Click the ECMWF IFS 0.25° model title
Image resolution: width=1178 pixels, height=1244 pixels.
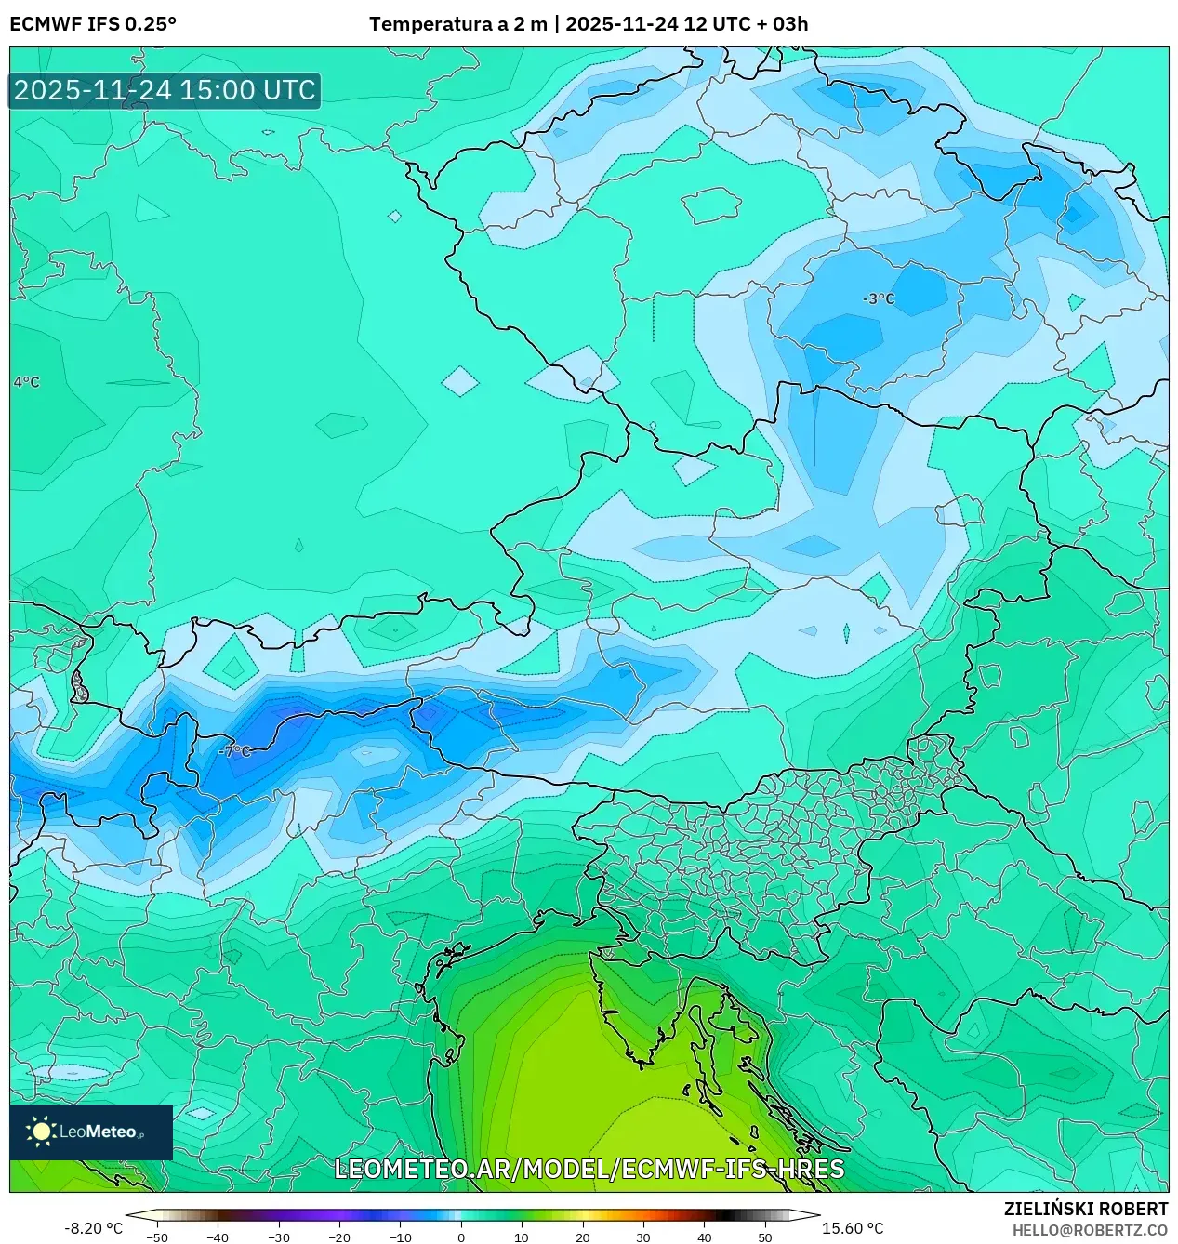click(x=93, y=23)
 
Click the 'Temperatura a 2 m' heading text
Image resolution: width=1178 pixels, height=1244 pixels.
click(x=457, y=23)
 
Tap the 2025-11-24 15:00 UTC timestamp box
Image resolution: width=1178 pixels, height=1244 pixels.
click(x=165, y=90)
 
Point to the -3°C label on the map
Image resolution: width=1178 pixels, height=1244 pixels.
click(x=879, y=298)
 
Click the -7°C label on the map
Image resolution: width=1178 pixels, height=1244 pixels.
click(x=235, y=750)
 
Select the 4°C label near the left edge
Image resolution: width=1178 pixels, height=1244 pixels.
click(x=27, y=382)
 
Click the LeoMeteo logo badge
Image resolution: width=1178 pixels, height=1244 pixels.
click(x=91, y=1132)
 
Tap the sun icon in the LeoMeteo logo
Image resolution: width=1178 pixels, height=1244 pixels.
click(x=41, y=1132)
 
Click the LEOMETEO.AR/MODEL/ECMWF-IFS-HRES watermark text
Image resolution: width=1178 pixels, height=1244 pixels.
click(x=589, y=1169)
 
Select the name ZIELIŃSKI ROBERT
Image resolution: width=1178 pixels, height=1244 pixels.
click(x=1085, y=1209)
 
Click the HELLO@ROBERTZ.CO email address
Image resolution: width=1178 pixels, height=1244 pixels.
click(x=1089, y=1230)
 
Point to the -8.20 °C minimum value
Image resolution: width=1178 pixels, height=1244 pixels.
click(x=93, y=1228)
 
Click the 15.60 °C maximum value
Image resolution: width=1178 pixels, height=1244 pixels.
click(x=853, y=1228)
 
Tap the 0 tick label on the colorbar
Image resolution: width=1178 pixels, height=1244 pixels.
click(x=461, y=1237)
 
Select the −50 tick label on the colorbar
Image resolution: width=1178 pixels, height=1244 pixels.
click(x=157, y=1237)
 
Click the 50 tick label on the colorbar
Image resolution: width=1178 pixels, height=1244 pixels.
click(x=764, y=1237)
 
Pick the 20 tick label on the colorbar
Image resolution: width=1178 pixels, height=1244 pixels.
click(x=582, y=1237)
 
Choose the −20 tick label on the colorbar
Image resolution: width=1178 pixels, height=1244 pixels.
click(x=339, y=1237)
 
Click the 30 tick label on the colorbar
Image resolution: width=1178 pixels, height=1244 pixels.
click(x=642, y=1237)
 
